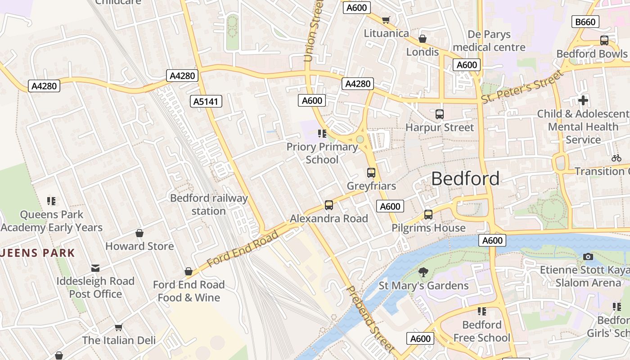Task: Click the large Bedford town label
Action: [x=465, y=179]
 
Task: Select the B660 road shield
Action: [x=585, y=22]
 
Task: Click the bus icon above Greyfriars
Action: [x=371, y=172]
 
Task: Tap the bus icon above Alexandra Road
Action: [x=329, y=205]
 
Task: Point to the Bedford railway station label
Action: [x=209, y=204]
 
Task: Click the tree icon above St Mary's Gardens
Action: [x=423, y=272]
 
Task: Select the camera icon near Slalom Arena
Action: [x=588, y=256]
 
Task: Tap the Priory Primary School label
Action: [x=322, y=153]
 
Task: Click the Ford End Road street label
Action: [x=243, y=249]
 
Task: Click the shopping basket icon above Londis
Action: [x=422, y=39]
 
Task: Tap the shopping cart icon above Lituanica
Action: [x=386, y=20]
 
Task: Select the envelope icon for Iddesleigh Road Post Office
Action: [x=95, y=268]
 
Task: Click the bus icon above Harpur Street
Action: [x=440, y=114]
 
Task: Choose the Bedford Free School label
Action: [x=481, y=331]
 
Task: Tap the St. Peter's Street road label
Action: [x=522, y=86]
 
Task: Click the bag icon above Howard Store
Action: [x=139, y=233]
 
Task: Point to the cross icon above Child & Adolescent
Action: [x=583, y=100]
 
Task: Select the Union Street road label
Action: [x=313, y=31]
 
